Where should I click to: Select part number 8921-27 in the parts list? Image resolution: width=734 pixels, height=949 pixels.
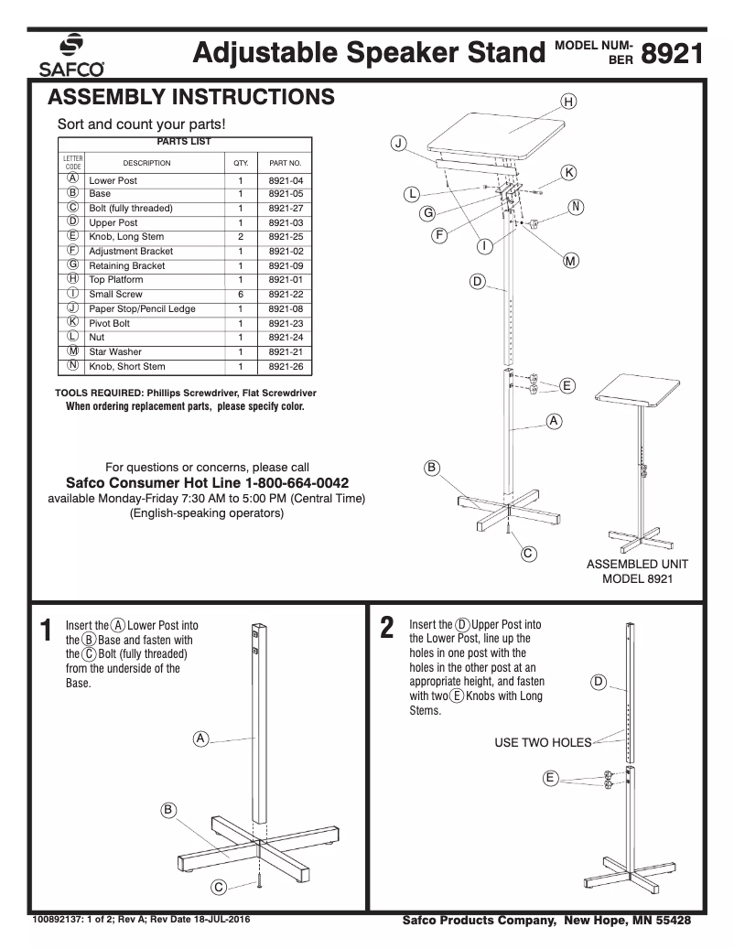tap(286, 209)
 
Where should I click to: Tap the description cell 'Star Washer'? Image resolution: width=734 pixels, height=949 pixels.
tap(115, 352)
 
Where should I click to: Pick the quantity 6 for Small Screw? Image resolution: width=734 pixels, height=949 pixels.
tap(241, 295)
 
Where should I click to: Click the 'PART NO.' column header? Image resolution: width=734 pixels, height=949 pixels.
tap(286, 163)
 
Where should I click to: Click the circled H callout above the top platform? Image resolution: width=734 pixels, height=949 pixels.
tap(568, 102)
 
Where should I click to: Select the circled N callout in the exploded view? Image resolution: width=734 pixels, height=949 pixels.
tap(577, 207)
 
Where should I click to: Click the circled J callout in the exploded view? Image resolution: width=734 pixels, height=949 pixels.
tap(398, 143)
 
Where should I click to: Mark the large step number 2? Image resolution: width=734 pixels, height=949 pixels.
tap(387, 629)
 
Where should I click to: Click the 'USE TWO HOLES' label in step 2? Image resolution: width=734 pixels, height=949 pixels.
tap(543, 742)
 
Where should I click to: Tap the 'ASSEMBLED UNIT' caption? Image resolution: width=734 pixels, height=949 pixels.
tap(637, 565)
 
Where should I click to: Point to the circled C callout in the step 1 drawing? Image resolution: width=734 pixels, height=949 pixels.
tap(219, 887)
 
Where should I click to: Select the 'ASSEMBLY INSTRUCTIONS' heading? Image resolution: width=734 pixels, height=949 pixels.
tap(190, 97)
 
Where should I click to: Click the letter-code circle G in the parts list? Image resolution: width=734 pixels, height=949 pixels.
tap(72, 265)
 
